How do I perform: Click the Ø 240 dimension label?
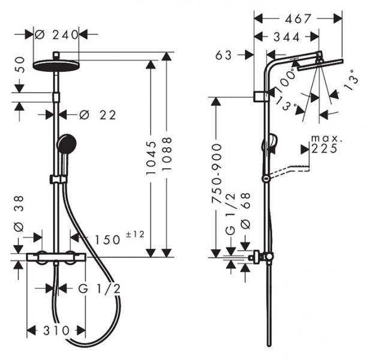pos(56,35)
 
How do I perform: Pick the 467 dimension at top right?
pos(294,19)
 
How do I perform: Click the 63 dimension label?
pos(222,55)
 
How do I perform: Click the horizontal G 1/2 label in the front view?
pos(100,288)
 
